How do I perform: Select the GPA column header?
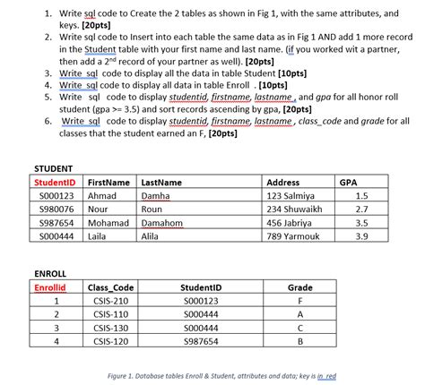pos(349,182)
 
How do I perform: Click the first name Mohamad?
pos(108,223)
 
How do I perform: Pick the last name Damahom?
pos(162,223)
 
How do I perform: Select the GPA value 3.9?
pos(360,236)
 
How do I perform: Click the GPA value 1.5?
pos(360,195)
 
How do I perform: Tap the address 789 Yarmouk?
pos(292,236)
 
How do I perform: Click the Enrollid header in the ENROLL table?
pos(50,287)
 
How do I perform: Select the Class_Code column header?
pos(110,287)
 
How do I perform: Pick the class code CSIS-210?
pos(108,301)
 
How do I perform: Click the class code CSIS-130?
pos(108,328)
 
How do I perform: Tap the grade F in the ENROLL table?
pos(299,301)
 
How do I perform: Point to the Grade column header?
pos(299,287)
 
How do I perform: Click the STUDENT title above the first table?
pos(53,168)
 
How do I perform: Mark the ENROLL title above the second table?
pos(50,273)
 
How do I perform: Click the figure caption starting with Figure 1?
pos(221,376)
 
